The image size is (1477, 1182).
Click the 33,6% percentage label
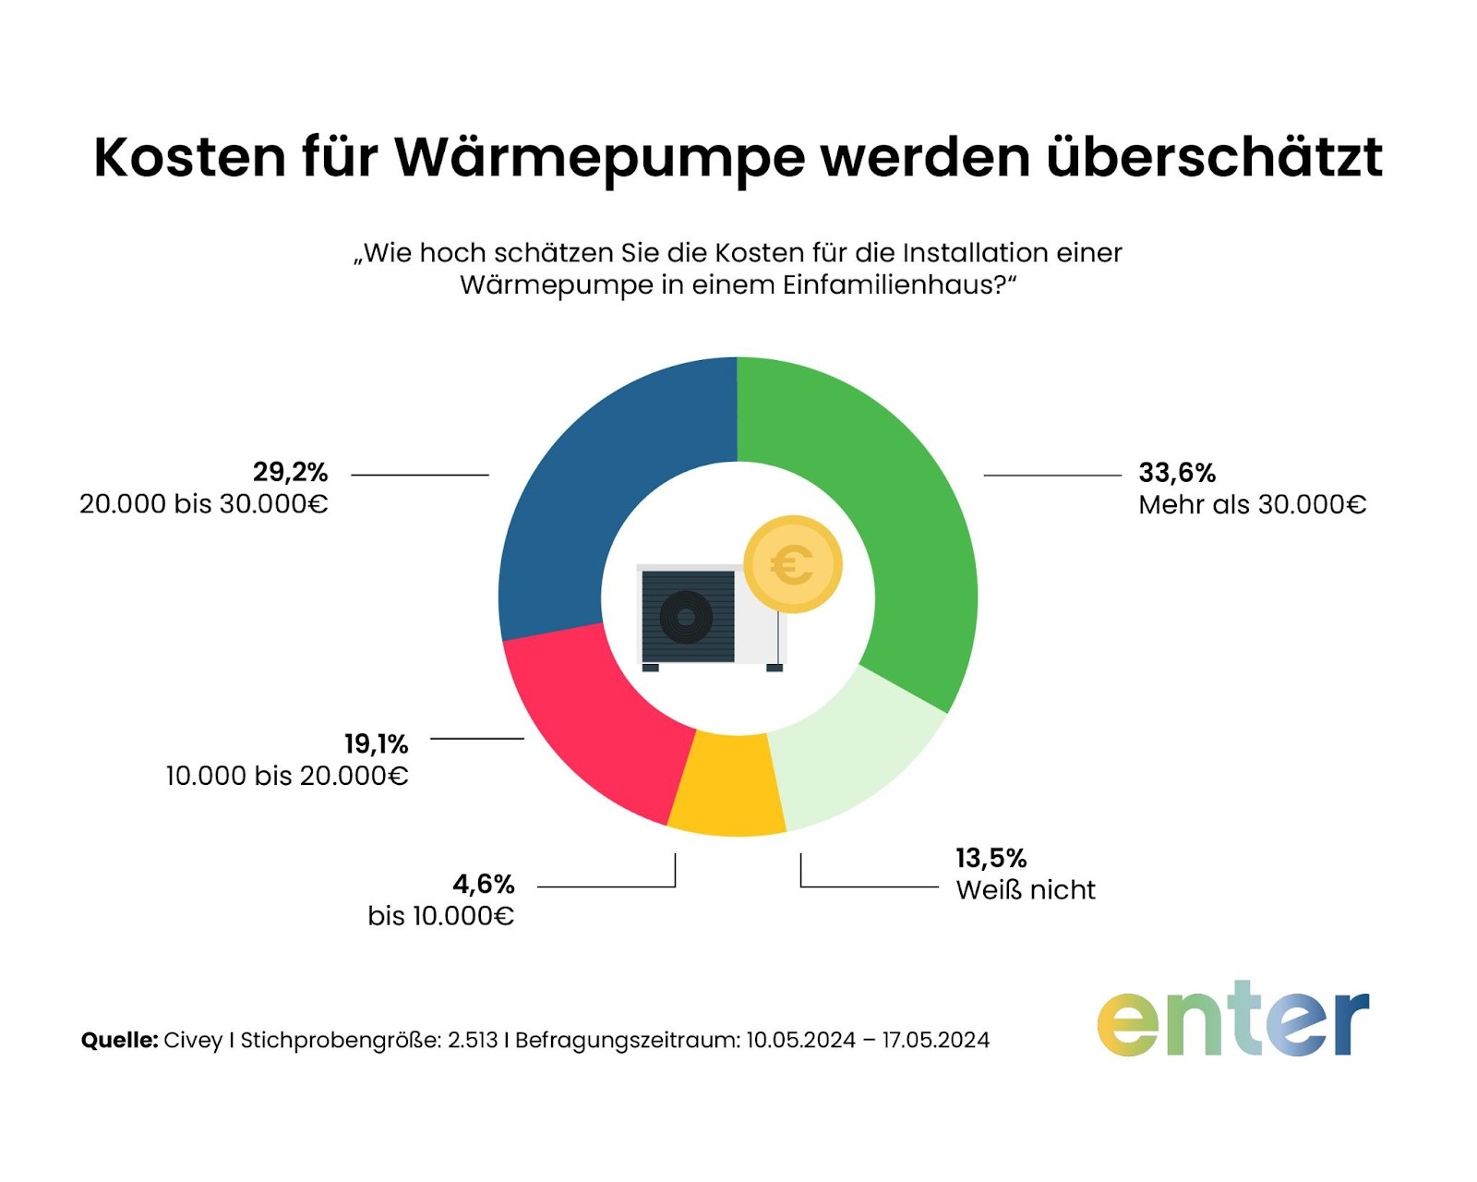click(1177, 473)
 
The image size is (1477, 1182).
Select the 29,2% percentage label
click(290, 472)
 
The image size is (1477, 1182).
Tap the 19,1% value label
click(376, 743)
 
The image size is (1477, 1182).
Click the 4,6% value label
click(483, 885)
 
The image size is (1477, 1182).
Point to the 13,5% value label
click(991, 858)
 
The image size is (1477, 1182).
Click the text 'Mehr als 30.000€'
click(1252, 505)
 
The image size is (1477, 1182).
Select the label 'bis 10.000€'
click(440, 916)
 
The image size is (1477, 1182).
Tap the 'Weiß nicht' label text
click(1026, 890)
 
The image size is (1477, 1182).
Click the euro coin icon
click(792, 564)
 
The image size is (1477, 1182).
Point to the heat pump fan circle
click(686, 617)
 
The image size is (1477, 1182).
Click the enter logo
click(1232, 1019)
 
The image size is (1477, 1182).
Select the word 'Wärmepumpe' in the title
click(600, 157)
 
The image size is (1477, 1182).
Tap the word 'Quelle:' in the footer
click(119, 1040)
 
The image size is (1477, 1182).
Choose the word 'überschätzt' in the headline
click(1214, 157)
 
